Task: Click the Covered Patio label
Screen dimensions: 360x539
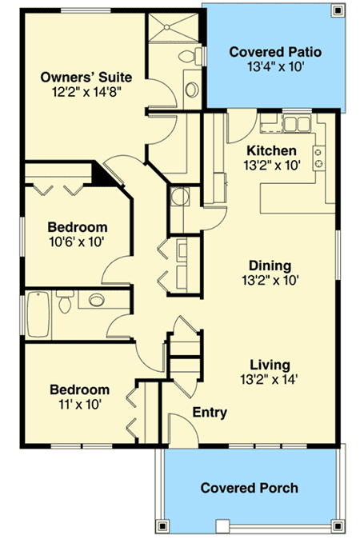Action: tap(275, 52)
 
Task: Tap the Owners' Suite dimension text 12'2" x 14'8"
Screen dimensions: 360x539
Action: tap(86, 92)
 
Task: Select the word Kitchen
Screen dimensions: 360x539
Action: tap(271, 150)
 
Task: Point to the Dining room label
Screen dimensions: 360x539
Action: tap(270, 266)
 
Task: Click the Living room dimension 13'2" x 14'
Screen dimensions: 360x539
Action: tap(269, 380)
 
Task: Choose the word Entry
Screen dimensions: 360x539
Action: tap(210, 412)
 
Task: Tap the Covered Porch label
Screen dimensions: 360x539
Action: tap(250, 488)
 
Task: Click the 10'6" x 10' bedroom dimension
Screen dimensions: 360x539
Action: tap(77, 242)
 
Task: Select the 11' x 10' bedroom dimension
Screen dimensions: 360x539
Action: tap(80, 405)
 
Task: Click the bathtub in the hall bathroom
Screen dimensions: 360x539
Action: tap(38, 314)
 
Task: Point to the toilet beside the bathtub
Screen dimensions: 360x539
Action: tap(65, 301)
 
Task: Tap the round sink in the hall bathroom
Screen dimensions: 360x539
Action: tap(97, 299)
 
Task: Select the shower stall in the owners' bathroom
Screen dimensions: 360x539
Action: tap(174, 27)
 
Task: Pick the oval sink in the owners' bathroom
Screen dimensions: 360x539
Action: tap(192, 90)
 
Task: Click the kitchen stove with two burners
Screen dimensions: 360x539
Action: tap(318, 158)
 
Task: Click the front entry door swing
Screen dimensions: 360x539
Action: tap(184, 429)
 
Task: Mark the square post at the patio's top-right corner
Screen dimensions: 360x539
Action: tap(338, 11)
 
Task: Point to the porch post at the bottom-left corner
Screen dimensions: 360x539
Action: tap(162, 526)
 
